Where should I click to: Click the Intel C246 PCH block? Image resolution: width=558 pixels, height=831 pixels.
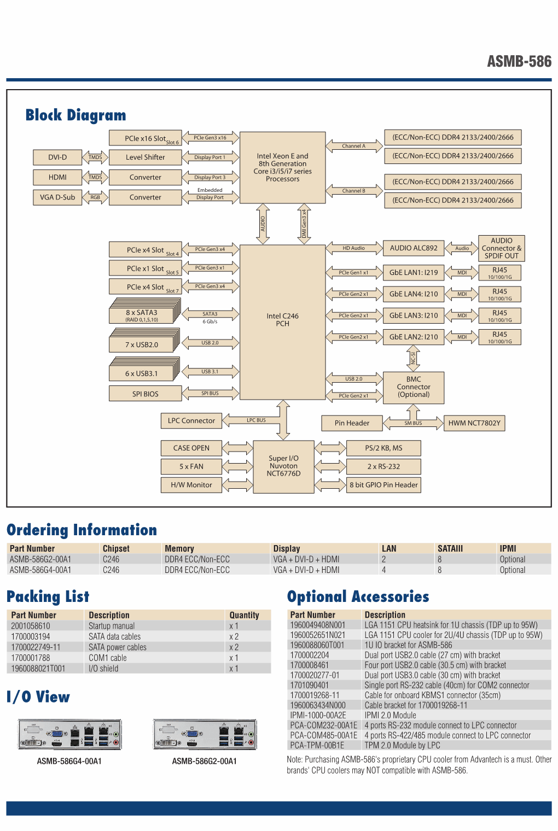coord(282,322)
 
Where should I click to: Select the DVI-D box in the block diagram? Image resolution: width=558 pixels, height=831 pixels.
coord(57,157)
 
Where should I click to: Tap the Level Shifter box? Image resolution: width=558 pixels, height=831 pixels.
coord(145,157)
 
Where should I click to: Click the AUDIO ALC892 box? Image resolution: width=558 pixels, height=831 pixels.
coord(414,248)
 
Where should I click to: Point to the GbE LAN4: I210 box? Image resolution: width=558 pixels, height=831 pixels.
coord(414,294)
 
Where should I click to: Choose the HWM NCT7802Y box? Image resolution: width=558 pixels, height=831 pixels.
coord(474,423)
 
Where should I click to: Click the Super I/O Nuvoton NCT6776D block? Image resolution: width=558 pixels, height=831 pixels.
coord(283,467)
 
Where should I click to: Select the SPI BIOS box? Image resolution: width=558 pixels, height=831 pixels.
coord(145,394)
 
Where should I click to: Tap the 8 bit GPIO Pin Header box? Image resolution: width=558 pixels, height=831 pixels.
coord(383,485)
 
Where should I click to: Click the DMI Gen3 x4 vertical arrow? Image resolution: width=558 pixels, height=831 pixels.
coord(304,224)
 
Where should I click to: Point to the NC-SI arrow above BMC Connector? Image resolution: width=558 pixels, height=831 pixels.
coord(413,359)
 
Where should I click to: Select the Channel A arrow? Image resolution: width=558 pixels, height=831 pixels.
coord(354,146)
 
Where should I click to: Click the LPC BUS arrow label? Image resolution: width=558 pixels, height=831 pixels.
coord(256,420)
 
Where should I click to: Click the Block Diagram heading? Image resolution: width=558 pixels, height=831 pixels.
coord(75,115)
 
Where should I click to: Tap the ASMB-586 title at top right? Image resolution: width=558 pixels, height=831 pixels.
coord(519,62)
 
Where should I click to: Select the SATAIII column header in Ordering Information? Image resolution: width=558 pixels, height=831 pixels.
coord(450,548)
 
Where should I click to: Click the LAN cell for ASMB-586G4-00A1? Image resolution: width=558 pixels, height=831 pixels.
coord(384,570)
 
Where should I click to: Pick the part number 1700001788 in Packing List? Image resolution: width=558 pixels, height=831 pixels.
coord(31,658)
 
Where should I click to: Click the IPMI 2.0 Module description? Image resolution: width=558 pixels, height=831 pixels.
coord(390,715)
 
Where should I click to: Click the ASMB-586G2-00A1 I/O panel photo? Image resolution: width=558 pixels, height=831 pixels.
coord(205,735)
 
